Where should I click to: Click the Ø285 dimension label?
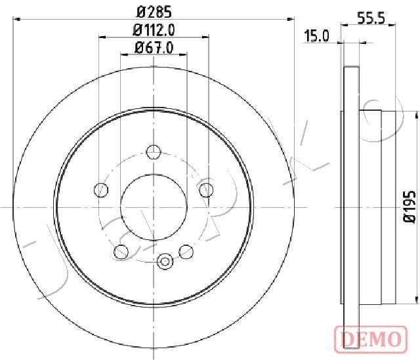(154, 12)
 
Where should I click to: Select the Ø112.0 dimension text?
(154, 30)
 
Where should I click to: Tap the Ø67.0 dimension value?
(154, 48)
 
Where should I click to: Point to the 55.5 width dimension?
(371, 18)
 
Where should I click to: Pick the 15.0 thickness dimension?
(316, 36)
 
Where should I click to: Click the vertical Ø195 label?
(409, 206)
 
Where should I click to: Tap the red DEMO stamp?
(371, 339)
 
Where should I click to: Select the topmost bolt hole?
(154, 151)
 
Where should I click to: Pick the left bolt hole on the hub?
(101, 190)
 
